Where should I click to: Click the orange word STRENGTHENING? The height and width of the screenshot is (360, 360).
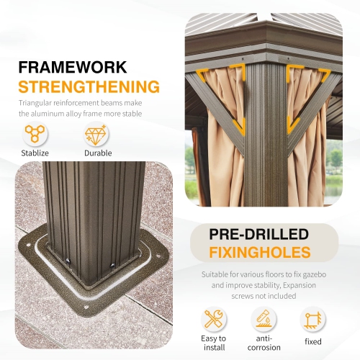[89, 87]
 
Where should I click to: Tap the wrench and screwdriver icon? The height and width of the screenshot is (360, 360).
[213, 320]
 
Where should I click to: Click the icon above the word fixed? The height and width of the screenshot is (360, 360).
[312, 320]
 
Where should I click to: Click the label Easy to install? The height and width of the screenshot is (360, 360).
[213, 343]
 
